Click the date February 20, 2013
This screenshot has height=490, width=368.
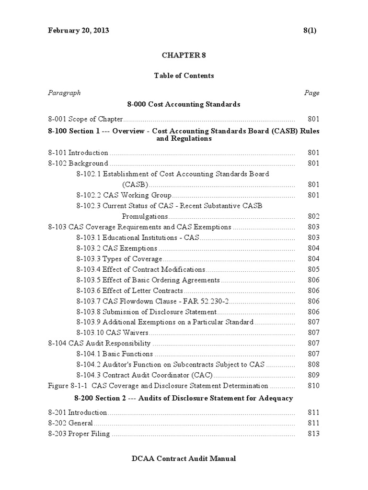tap(79, 30)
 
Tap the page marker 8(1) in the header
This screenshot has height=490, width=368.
tap(310, 30)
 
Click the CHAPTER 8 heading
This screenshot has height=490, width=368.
tap(184, 55)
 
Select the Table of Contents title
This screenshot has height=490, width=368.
tap(184, 76)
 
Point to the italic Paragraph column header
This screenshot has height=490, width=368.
tap(64, 93)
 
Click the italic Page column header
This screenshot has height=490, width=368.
tap(312, 93)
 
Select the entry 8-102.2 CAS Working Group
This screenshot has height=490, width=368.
tap(124, 195)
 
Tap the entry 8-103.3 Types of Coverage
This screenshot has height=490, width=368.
tap(119, 259)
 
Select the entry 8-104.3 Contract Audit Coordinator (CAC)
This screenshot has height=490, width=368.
tap(144, 375)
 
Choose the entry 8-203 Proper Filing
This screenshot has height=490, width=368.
tap(79, 434)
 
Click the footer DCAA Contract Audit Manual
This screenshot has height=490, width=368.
tap(184, 459)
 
